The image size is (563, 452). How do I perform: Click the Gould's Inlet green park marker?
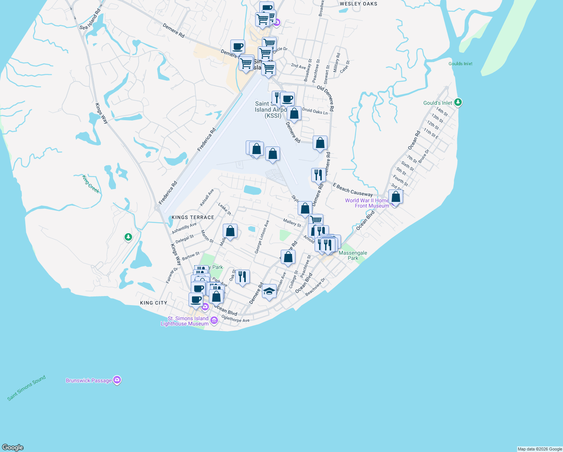click(458, 102)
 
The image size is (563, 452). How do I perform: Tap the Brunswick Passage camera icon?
click(117, 380)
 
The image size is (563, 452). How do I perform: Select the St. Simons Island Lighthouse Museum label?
click(184, 321)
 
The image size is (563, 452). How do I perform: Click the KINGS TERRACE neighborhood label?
click(193, 217)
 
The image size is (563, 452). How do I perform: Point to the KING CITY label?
click(153, 303)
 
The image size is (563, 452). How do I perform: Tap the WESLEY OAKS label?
click(358, 4)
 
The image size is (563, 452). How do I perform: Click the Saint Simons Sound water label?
click(26, 388)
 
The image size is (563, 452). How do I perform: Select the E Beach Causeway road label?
click(353, 190)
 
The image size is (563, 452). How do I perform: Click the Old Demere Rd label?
click(326, 98)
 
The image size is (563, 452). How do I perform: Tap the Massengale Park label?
click(353, 255)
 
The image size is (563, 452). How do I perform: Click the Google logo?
click(13, 447)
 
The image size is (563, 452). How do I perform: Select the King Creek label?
click(91, 184)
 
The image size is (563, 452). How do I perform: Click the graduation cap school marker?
click(269, 291)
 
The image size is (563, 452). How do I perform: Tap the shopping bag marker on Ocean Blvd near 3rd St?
click(396, 197)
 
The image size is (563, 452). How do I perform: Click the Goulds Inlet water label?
click(460, 64)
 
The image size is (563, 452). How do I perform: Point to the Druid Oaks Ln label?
click(315, 111)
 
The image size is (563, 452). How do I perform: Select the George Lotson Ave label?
click(262, 237)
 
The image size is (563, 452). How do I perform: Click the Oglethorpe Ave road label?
click(236, 319)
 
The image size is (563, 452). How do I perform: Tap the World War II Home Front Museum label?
click(367, 203)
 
